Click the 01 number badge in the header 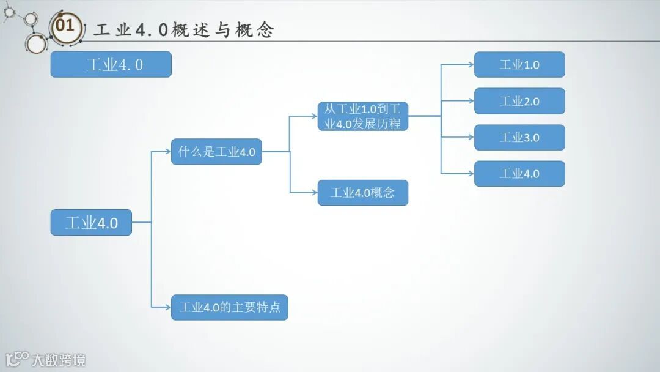click(65, 26)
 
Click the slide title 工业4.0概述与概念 click(184, 30)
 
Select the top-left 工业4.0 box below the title click(111, 64)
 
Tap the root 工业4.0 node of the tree click(91, 223)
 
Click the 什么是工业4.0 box click(216, 152)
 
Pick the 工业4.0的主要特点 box click(229, 307)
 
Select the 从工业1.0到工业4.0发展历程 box click(363, 116)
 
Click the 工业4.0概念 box click(363, 193)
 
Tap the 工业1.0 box click(519, 64)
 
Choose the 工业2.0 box click(519, 101)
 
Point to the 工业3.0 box click(519, 138)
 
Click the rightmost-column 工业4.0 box click(519, 174)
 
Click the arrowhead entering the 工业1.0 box click(471, 64)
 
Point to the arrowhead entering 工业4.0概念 click(314, 193)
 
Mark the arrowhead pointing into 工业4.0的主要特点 click(167, 307)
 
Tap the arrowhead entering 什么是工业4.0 click(167, 152)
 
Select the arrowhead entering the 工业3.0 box click(471, 138)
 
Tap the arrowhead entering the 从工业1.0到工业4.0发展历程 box click(314, 116)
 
